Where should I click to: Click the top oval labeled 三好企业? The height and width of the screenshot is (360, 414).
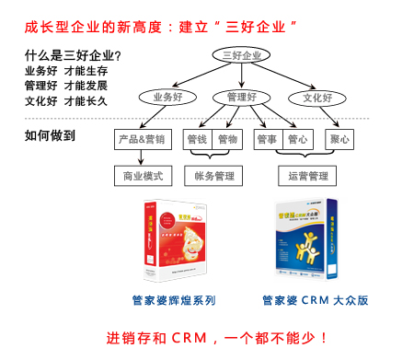click(x=243, y=56)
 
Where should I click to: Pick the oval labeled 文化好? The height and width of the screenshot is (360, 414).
click(x=317, y=97)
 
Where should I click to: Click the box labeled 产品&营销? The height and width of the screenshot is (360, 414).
click(x=142, y=140)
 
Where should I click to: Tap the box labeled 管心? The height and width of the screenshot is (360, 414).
click(x=298, y=140)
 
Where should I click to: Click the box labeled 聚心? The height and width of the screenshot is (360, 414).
click(x=339, y=140)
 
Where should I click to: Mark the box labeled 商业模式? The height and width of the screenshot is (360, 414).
click(x=142, y=175)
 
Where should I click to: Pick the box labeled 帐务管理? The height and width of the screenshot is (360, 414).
click(x=214, y=175)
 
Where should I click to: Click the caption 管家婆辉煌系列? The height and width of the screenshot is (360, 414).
click(x=174, y=300)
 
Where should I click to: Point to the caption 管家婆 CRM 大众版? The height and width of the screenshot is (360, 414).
click(x=315, y=300)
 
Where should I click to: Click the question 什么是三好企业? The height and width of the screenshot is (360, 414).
click(x=73, y=54)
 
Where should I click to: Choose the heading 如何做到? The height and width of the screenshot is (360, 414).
click(x=51, y=136)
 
